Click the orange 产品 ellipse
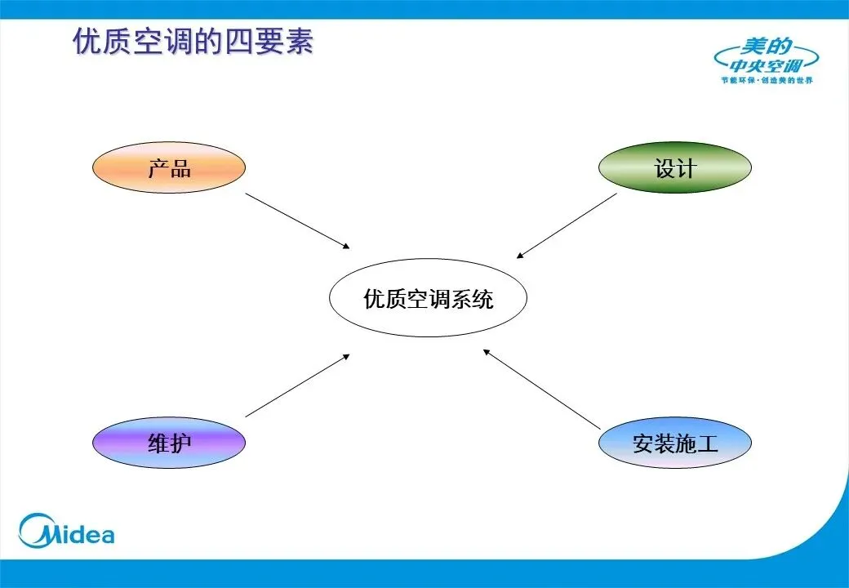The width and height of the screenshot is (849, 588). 168,168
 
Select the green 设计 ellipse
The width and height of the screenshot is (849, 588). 674,168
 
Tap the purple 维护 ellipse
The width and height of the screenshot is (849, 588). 168,443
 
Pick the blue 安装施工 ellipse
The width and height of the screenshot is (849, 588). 674,443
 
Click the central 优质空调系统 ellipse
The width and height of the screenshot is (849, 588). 428,299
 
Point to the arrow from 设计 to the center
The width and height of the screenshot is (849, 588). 567,225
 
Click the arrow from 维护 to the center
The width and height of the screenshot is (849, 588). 297,385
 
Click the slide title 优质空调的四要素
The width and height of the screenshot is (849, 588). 193,42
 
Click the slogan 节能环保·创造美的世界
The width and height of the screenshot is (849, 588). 767,80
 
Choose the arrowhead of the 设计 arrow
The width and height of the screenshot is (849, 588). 520,256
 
